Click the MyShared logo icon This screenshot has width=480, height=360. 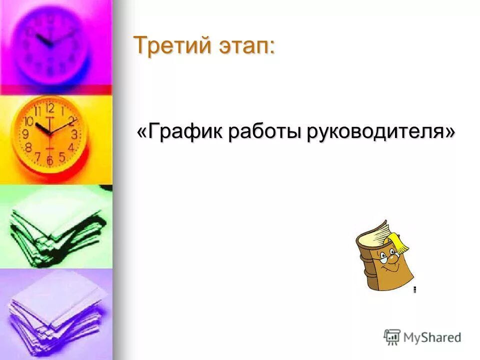pos(392,337)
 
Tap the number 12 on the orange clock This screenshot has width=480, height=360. pos(49,108)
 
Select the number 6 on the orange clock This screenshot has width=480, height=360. pos(49,160)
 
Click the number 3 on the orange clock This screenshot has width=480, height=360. pos(74,134)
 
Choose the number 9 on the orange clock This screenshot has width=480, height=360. pos(25,134)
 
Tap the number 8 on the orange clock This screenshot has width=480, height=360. pos(28,147)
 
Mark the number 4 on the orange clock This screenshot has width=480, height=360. pos(71,147)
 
